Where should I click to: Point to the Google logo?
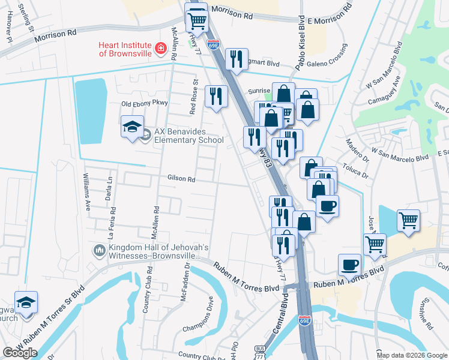[20, 353]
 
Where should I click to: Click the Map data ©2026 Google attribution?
[411, 355]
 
